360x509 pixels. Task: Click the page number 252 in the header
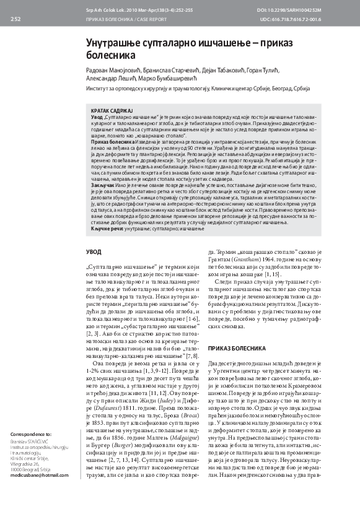point(16,19)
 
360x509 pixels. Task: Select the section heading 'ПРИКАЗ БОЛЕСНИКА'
point(236,349)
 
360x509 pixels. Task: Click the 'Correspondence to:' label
point(31,451)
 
